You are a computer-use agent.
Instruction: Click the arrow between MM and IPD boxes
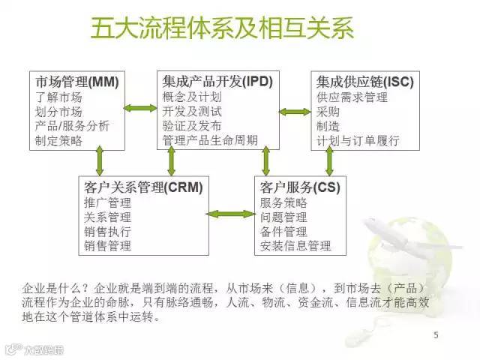pyautogui.click(x=140, y=109)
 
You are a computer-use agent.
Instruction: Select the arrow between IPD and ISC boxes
pyautogui.click(x=294, y=112)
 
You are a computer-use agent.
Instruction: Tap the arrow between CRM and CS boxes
pyautogui.click(x=229, y=214)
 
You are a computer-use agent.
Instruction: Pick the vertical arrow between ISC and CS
pyautogui.click(x=329, y=160)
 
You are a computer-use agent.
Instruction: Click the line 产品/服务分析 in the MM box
pyautogui.click(x=72, y=126)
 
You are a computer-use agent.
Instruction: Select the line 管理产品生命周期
pyautogui.click(x=210, y=140)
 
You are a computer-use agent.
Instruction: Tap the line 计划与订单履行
pyautogui.click(x=358, y=140)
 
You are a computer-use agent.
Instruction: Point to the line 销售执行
pyautogui.click(x=108, y=231)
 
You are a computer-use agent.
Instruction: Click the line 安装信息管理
pyautogui.click(x=295, y=245)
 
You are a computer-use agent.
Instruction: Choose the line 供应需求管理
pyautogui.click(x=352, y=97)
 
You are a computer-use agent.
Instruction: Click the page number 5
pyautogui.click(x=436, y=334)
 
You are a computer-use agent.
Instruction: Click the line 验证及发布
pyautogui.click(x=191, y=126)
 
